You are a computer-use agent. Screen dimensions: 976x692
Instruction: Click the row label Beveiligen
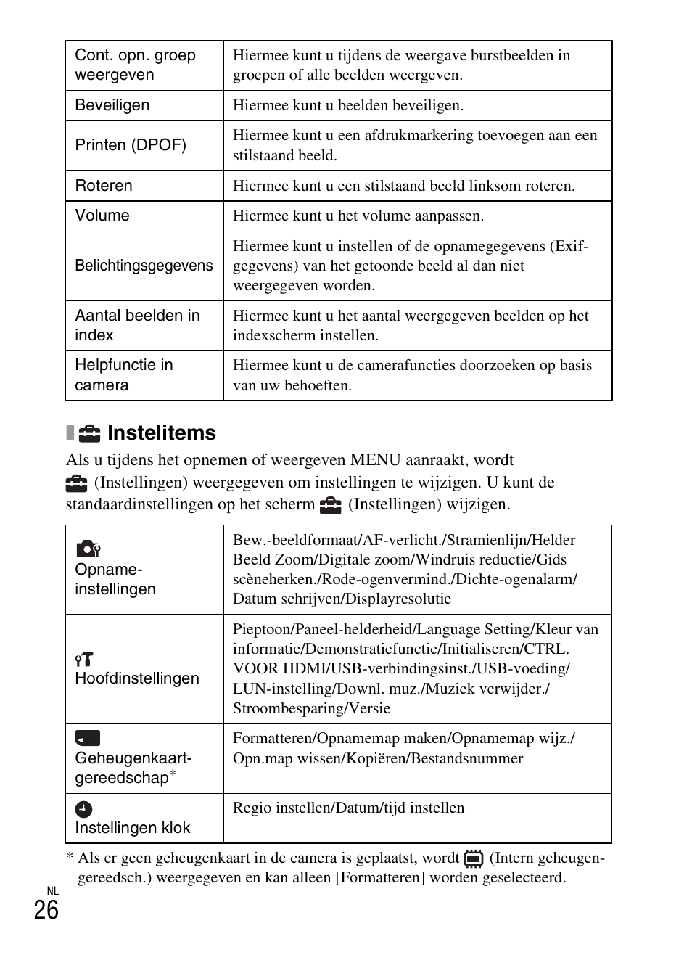coord(112,105)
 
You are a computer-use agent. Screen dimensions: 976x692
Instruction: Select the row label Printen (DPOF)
coord(131,145)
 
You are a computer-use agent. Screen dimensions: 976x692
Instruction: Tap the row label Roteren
coord(104,186)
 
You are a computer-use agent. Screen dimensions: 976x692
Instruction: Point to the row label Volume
coord(102,216)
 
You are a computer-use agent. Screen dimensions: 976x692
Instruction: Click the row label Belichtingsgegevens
coord(144,266)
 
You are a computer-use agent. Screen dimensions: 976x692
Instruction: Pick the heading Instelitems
coord(161,433)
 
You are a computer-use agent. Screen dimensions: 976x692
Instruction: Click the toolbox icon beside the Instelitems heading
coord(89,434)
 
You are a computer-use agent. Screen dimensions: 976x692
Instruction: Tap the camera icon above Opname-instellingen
coord(88,549)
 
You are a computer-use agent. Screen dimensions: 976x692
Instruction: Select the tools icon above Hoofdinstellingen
coord(84,659)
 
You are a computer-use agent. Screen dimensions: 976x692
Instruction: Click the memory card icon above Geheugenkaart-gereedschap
coord(87,738)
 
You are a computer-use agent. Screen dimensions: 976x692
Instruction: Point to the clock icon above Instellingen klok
coord(84,809)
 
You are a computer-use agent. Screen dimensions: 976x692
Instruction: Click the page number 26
coord(46,910)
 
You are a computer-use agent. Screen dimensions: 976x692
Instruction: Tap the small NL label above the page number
coord(52,891)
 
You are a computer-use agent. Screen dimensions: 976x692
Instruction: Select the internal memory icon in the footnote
coord(474,859)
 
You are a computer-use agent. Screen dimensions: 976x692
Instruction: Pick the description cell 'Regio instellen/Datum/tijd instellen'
coord(348,808)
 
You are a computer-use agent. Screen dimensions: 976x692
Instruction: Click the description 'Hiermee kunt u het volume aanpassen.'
coord(358,216)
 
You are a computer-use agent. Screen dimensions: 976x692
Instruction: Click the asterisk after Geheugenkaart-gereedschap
coord(173,774)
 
